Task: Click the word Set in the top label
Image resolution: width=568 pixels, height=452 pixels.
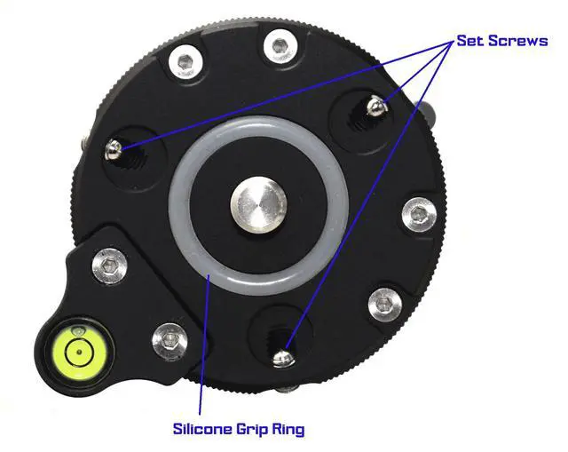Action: pyautogui.click(x=470, y=40)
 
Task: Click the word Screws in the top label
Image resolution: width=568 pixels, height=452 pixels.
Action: pyautogui.click(x=518, y=40)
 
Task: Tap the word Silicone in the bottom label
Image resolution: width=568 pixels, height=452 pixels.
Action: pyautogui.click(x=202, y=429)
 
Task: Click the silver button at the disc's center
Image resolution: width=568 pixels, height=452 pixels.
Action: pyautogui.click(x=258, y=205)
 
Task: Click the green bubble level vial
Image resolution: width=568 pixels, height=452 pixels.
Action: pyautogui.click(x=80, y=352)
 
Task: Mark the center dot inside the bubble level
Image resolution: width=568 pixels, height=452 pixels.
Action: pyautogui.click(x=80, y=352)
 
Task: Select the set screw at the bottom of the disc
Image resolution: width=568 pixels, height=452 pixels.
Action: pyautogui.click(x=284, y=357)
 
